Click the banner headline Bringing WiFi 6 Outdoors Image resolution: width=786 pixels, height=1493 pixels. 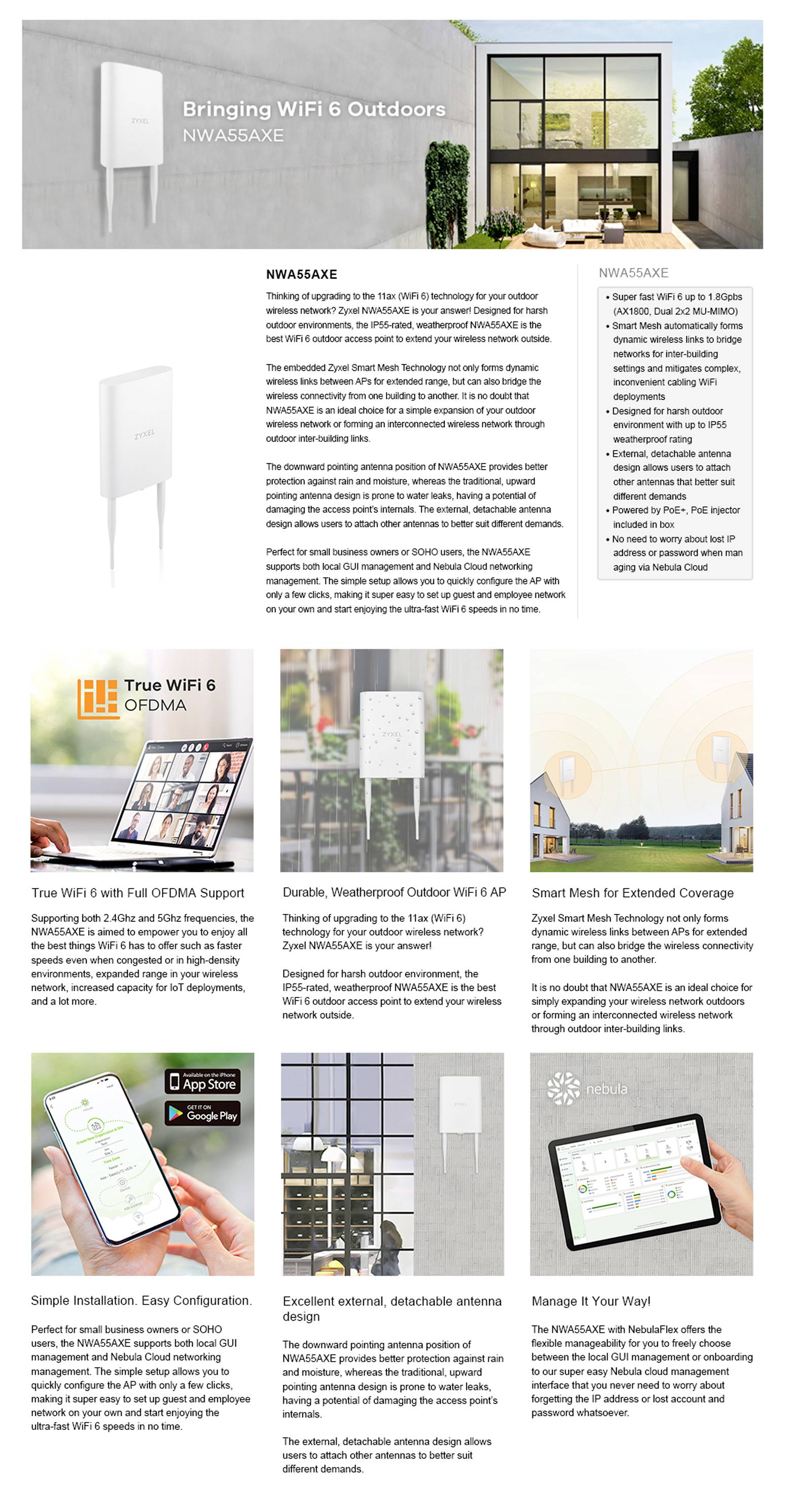coord(314,109)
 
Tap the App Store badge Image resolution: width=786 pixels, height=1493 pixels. coord(202,1082)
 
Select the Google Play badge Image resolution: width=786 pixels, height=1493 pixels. coord(202,1113)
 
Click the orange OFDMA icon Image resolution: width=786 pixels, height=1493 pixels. coord(98,698)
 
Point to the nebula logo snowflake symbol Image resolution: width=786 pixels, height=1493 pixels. coord(563,1088)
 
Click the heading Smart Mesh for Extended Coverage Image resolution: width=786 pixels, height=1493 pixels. coord(632,893)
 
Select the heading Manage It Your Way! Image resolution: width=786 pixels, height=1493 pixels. coord(591,1301)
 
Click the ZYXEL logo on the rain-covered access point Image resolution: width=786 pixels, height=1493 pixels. coord(392,734)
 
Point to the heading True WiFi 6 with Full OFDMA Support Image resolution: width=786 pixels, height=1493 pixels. coord(138,893)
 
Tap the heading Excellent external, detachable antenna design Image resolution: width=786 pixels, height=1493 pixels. coord(392,1308)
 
